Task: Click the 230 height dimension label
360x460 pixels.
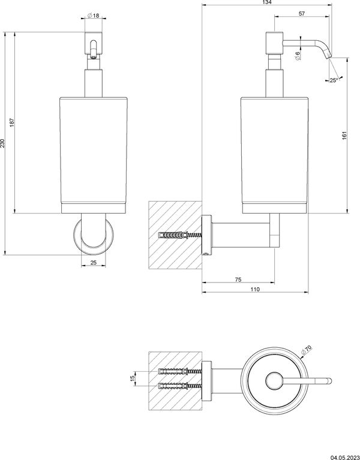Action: click(x=4, y=143)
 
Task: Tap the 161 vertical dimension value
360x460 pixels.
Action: click(x=344, y=136)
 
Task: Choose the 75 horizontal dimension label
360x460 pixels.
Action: click(x=238, y=279)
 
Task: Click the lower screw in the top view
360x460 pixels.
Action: click(x=179, y=384)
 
